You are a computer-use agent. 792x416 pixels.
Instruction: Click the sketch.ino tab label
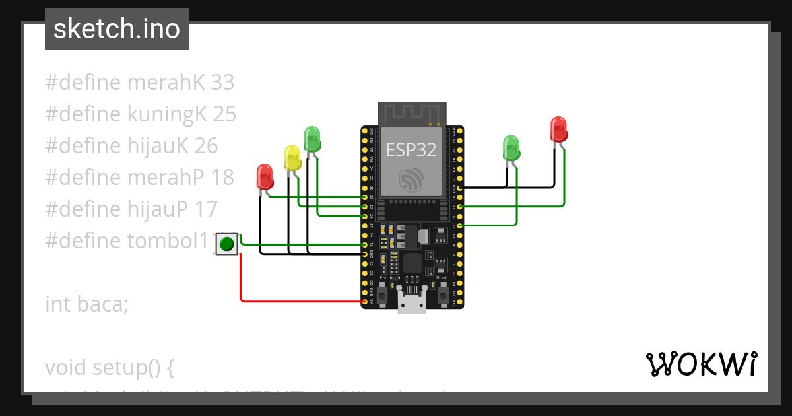coord(117,29)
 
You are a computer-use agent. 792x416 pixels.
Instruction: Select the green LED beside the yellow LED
coord(312,139)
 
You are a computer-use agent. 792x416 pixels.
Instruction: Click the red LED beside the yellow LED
coord(265,177)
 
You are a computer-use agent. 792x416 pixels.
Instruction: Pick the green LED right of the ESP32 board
coord(511,148)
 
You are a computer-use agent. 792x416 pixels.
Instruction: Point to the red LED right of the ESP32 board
coord(558,129)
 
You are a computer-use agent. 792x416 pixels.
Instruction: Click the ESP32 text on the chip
coord(411,149)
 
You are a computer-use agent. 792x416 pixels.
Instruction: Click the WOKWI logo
coord(700,364)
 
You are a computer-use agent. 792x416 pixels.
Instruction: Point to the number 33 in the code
coord(222,83)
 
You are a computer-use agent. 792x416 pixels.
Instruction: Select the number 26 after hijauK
coord(206,146)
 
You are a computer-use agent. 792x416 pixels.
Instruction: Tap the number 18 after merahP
coord(222,178)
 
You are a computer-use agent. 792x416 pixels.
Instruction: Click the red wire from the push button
coord(240,277)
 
